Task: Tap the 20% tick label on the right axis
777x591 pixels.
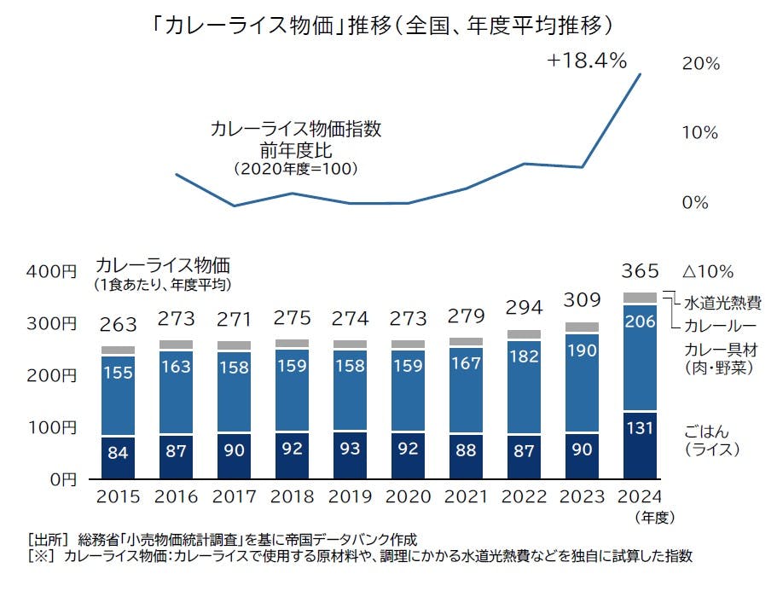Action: point(701,63)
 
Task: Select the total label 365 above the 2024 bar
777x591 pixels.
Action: point(640,271)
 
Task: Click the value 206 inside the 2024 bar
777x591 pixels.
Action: point(640,322)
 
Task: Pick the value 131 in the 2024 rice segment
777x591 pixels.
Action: point(640,429)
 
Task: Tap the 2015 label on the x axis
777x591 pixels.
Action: point(118,497)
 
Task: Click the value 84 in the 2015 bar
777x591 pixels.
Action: point(118,452)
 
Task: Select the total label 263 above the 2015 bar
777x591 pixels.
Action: point(118,325)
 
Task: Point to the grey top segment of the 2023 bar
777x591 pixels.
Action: point(582,327)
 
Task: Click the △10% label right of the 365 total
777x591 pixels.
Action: point(708,272)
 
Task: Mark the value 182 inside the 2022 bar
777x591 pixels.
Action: point(524,357)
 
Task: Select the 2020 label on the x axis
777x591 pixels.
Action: point(408,497)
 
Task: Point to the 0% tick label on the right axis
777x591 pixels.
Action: point(696,203)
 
